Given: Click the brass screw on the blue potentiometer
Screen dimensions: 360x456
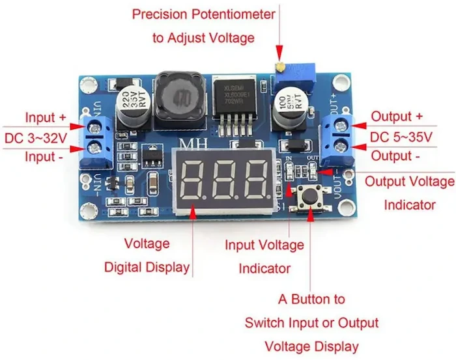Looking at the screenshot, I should (278, 66).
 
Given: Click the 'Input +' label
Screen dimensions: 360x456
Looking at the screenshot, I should (46, 117).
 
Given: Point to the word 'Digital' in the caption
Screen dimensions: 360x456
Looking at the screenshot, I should (128, 267).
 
